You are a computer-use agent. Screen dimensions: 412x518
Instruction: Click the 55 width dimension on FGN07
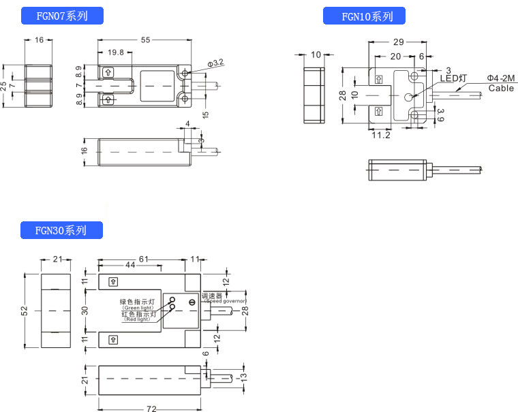[x=145, y=40]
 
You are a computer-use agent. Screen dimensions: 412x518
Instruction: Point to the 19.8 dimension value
[x=116, y=52]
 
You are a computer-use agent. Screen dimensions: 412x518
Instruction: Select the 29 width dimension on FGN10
[x=399, y=42]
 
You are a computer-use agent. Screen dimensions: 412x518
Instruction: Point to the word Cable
[x=501, y=89]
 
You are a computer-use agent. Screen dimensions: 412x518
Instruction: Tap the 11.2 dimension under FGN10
[x=381, y=136]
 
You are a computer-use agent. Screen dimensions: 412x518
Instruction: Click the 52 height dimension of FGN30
[x=25, y=311]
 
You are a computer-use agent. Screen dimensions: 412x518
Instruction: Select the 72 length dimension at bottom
[x=151, y=409]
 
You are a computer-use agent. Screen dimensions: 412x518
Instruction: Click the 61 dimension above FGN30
[x=144, y=259]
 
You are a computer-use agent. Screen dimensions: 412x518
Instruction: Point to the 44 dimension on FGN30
[x=129, y=265]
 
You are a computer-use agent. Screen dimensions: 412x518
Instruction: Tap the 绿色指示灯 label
[x=138, y=301]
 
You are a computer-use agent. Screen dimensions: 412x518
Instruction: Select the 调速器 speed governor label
[x=202, y=296]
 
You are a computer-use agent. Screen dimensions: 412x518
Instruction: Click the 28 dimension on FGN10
[x=344, y=95]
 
